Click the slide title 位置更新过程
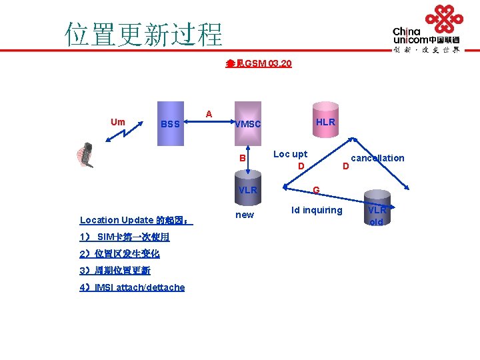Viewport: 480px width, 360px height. click(143, 33)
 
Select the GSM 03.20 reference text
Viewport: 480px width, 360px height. click(259, 64)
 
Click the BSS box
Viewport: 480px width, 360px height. click(170, 123)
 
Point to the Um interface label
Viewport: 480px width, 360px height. click(117, 122)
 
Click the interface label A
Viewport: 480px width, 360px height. click(209, 114)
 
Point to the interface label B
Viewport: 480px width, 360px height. click(243, 158)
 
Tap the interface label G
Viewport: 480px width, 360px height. click(317, 191)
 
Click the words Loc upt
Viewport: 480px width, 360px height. click(291, 154)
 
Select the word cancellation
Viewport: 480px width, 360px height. click(377, 158)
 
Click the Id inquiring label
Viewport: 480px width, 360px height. click(317, 211)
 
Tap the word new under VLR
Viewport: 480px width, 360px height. click(245, 215)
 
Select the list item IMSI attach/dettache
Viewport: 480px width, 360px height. click(132, 287)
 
